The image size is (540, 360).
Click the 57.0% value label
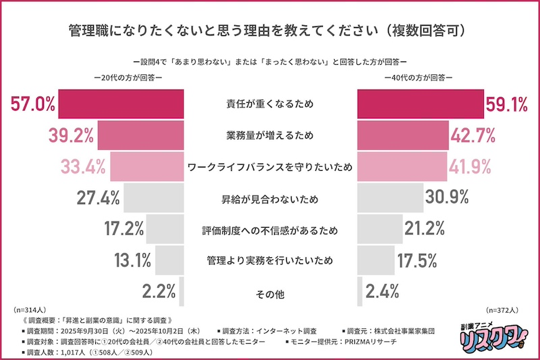click(32, 105)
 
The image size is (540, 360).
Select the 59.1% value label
click(506, 105)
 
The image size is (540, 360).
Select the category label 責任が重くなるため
click(270, 105)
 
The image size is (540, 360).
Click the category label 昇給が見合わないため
click(270, 200)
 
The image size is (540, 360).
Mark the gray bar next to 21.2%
click(379, 229)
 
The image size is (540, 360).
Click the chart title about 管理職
click(270, 31)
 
